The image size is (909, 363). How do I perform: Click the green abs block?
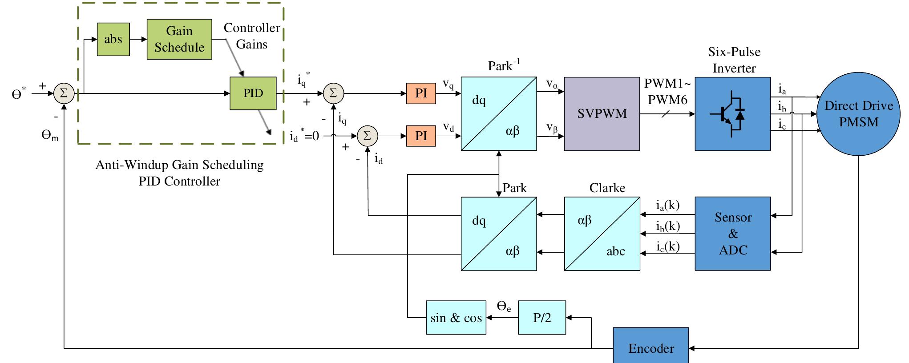coord(113,39)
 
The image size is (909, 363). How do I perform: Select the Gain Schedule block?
coord(179,39)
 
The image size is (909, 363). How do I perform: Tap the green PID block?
coord(253,93)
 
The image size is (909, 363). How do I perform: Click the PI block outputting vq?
coord(420,93)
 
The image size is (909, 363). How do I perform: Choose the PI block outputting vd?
coord(420,136)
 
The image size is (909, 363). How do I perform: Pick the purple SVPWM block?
coord(602,114)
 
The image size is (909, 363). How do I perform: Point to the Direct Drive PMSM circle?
coord(858,114)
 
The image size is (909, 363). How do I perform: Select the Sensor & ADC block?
coord(732,234)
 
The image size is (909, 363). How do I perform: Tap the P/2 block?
coord(541,318)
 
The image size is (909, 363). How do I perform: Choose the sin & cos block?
coord(456,318)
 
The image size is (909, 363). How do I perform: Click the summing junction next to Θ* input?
coord(64,93)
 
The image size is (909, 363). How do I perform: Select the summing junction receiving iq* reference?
coord(333,93)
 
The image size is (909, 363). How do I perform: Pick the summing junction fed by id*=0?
coord(367,136)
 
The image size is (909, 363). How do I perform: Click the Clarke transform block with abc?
coord(602,234)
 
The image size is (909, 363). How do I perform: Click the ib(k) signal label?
coord(667,226)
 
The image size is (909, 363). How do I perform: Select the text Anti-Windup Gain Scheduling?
coord(179,165)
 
